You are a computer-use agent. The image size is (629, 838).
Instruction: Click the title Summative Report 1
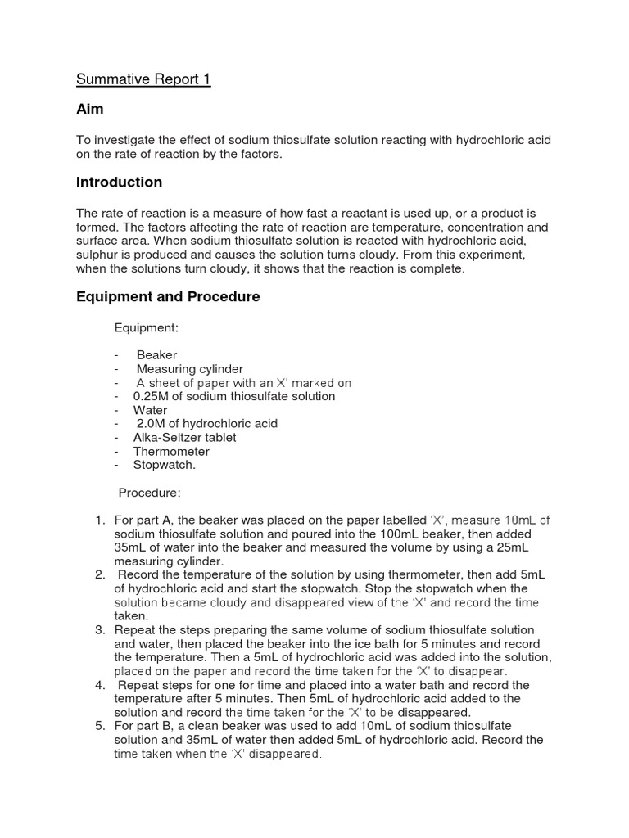143,80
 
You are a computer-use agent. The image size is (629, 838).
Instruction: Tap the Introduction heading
119,182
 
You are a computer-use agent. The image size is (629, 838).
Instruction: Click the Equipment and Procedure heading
168,297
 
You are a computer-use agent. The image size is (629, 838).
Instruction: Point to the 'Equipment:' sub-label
146,327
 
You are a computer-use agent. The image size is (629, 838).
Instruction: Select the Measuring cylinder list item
189,369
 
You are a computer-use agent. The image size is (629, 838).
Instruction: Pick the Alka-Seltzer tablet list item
184,438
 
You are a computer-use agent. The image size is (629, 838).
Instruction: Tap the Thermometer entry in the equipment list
171,452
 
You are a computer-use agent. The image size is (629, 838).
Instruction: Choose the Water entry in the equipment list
150,410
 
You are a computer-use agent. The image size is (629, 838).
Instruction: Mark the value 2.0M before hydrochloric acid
152,424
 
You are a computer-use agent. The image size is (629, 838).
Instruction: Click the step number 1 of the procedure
99,520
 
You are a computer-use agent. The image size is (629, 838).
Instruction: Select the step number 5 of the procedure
99,726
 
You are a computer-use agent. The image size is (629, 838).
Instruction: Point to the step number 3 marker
99,630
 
